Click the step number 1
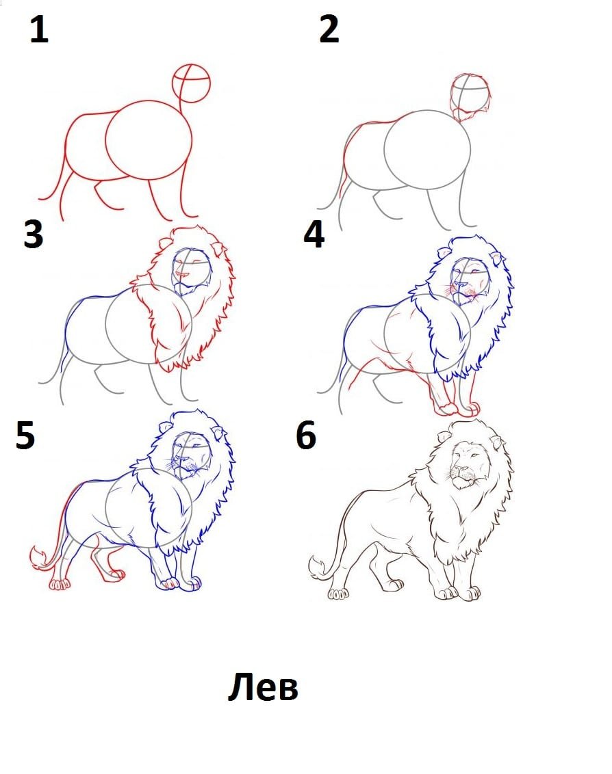point(39,29)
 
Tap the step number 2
point(329,29)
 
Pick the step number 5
point(25,435)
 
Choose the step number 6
point(306,435)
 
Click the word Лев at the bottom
point(263,686)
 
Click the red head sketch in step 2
point(470,97)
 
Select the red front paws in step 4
point(455,408)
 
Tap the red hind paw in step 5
point(60,585)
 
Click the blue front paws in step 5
point(178,584)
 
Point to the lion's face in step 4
point(470,280)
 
